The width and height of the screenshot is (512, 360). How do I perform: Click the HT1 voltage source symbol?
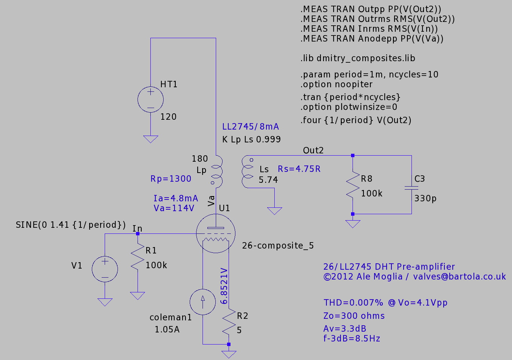(x=150, y=99)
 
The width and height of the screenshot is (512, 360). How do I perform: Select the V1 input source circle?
(x=105, y=269)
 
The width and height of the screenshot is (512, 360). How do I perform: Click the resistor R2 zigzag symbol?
(x=229, y=321)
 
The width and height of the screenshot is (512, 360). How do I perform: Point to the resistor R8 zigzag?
(x=353, y=184)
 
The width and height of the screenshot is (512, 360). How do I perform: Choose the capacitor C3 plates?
(x=411, y=188)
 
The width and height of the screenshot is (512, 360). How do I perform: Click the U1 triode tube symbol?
(x=215, y=233)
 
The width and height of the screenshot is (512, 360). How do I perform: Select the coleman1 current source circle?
(x=203, y=302)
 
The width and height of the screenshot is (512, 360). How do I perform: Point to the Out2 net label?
(x=313, y=150)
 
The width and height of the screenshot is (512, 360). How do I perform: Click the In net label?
(x=138, y=228)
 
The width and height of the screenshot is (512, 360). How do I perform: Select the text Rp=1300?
(x=171, y=179)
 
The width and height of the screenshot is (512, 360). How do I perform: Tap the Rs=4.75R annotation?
(x=299, y=169)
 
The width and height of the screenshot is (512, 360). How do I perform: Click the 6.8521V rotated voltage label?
(x=224, y=286)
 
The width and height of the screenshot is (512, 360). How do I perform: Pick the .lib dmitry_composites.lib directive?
(x=358, y=58)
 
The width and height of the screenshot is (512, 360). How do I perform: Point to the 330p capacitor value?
(x=425, y=198)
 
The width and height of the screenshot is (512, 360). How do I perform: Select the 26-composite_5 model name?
(x=278, y=246)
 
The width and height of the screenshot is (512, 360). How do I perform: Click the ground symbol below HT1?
(x=150, y=139)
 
